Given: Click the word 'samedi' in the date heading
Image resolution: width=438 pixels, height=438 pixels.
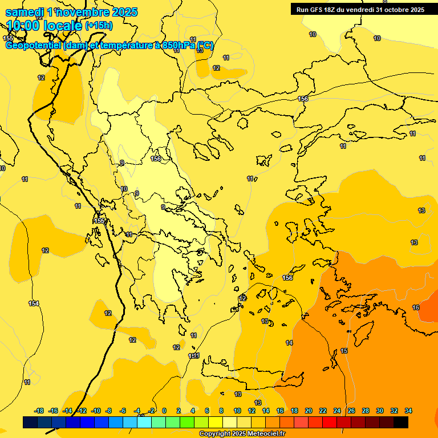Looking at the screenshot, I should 25,12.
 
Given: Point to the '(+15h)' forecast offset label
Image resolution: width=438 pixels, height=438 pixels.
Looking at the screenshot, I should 99,25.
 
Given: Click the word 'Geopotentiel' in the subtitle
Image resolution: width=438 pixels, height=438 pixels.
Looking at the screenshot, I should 33,45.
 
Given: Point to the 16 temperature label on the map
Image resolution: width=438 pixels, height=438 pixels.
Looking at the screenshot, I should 416,307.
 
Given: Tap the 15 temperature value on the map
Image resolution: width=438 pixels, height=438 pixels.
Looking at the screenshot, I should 344,351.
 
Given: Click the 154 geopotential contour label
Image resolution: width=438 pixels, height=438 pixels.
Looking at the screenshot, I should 34,303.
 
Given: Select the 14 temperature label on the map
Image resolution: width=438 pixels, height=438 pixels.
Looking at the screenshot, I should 289,343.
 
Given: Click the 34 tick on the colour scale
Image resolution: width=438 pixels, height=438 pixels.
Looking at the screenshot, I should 408,411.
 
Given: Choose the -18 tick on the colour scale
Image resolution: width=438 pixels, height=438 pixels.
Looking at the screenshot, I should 39,411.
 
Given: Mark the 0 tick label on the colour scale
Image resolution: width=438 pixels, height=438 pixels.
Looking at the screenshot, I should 164,411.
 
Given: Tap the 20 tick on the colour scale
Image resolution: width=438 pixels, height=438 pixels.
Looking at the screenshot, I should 309,411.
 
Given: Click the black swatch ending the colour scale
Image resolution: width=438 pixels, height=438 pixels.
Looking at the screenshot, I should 401,422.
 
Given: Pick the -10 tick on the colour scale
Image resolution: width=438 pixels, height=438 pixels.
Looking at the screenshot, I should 96,411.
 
